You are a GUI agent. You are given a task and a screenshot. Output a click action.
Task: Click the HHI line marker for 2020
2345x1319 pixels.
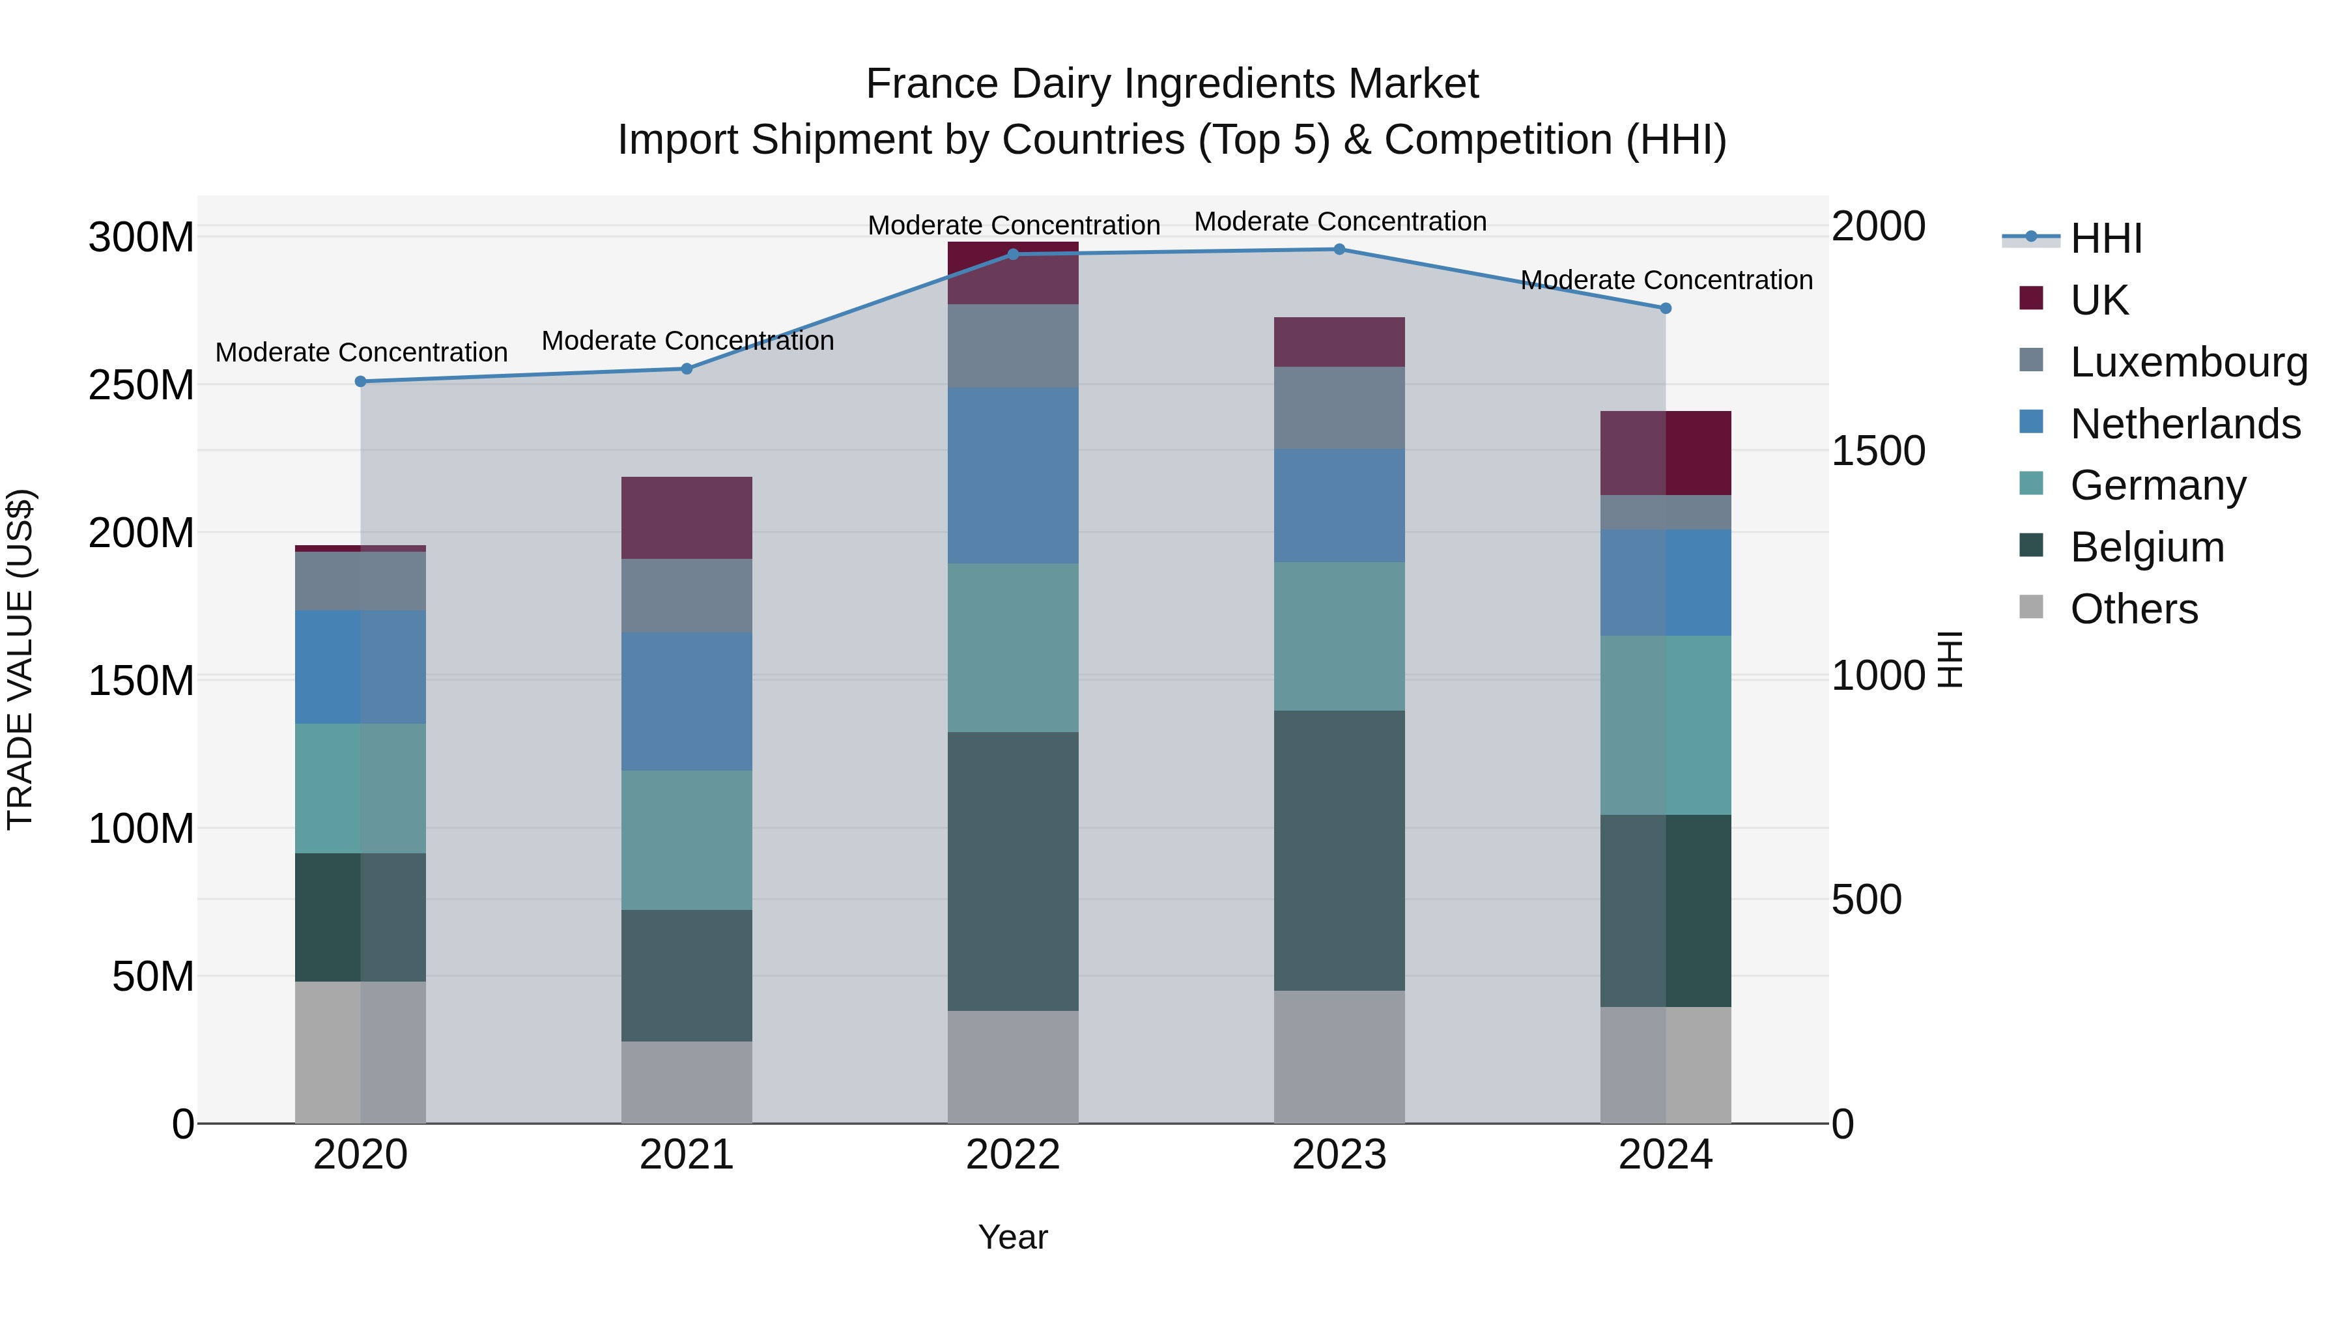click(x=360, y=382)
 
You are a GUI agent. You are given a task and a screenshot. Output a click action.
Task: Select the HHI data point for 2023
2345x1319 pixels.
click(x=1339, y=249)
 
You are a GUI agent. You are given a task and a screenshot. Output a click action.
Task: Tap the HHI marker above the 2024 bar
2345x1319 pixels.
click(x=1666, y=309)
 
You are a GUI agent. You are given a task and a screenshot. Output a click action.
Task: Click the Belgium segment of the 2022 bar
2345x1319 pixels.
click(x=1013, y=871)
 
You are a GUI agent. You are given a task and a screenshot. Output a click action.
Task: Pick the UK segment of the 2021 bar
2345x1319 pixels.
click(x=687, y=517)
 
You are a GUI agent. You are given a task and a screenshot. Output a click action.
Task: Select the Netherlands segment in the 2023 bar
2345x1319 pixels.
click(x=1339, y=505)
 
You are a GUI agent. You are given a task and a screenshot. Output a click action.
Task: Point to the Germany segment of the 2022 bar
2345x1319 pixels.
click(x=1013, y=647)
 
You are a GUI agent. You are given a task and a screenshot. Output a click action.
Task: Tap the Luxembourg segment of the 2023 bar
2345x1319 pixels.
click(x=1339, y=407)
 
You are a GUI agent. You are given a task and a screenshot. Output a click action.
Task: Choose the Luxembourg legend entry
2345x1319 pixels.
click(x=2189, y=362)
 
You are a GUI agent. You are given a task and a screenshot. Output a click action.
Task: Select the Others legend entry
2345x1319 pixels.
click(x=2133, y=609)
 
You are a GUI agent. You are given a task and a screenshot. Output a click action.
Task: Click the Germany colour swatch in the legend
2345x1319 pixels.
click(x=2031, y=483)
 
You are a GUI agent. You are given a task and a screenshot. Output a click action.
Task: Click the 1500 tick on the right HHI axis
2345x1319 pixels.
click(x=1877, y=451)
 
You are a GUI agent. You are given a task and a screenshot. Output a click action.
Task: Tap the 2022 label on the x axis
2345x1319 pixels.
click(x=1013, y=1155)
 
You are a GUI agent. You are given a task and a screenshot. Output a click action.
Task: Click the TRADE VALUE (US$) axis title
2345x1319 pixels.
click(x=21, y=659)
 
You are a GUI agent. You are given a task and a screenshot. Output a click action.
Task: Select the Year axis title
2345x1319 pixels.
click(x=1012, y=1238)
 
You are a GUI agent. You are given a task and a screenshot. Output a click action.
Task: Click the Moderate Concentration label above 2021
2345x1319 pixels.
click(x=687, y=341)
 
